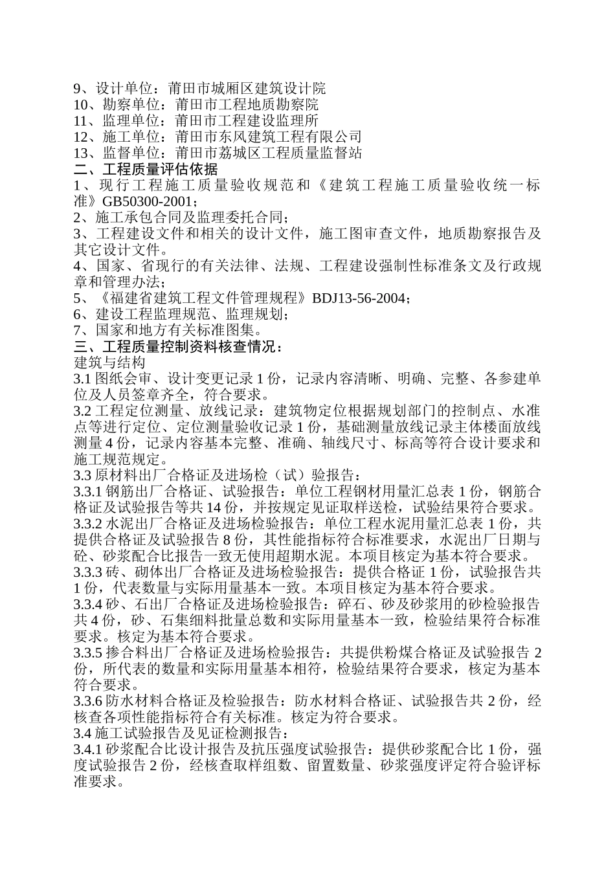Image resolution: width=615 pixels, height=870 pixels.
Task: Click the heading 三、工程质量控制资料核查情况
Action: pyautogui.click(x=178, y=347)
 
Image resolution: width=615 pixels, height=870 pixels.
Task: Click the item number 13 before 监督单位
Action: pyautogui.click(x=82, y=153)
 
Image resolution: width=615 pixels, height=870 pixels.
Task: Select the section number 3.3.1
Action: pyautogui.click(x=89, y=491)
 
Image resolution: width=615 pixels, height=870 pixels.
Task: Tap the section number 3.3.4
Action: pyautogui.click(x=89, y=605)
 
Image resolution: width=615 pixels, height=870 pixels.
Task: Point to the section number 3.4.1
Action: pyautogui.click(x=89, y=750)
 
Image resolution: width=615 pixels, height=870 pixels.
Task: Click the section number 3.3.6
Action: pyautogui.click(x=89, y=702)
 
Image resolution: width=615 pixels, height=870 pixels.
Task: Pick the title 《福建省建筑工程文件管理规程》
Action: pyautogui.click(x=203, y=298)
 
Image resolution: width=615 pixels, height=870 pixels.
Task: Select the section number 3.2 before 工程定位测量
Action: pyautogui.click(x=83, y=412)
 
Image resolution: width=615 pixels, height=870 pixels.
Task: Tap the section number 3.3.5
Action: pyautogui.click(x=89, y=653)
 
